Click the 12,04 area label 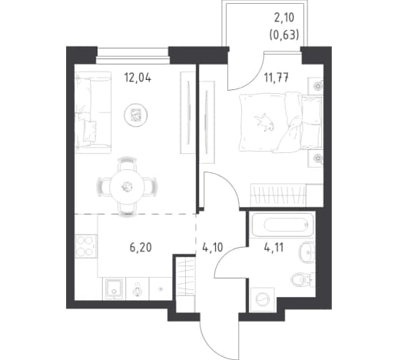point(138,77)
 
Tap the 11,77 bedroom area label point(277,78)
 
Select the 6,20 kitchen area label point(141,248)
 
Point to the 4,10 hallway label point(212,248)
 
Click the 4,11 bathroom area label point(274,248)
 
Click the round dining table point(126,187)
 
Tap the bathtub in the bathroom point(283,225)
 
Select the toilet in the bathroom point(302,279)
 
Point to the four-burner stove point(85,246)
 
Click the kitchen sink point(114,288)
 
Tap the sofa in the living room point(93,112)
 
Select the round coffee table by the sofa point(136,115)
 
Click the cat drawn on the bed point(264,123)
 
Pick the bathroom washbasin point(306,252)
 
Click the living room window point(133,55)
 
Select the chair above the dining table point(127,164)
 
